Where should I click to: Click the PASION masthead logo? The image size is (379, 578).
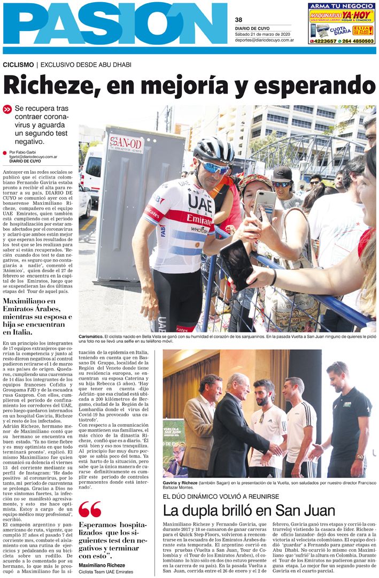(115, 24)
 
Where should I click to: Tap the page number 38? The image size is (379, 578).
(238, 20)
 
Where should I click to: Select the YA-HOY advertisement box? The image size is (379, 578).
(342, 23)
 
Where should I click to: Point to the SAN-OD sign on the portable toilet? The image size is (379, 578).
(126, 144)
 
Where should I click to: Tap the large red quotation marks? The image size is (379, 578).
(89, 510)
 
